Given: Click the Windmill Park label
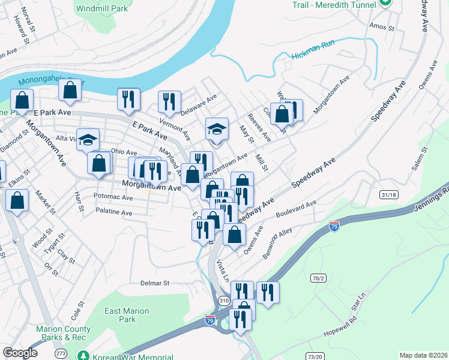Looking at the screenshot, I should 103,9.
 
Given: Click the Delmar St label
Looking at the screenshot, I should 155,283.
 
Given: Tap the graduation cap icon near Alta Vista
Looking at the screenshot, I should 88,140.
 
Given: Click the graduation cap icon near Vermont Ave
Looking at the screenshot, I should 217,128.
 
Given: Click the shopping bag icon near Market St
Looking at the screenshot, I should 18,202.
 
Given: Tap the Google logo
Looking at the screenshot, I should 20,353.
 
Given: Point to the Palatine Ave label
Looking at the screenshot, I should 113,212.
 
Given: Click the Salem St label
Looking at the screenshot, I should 400,158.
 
